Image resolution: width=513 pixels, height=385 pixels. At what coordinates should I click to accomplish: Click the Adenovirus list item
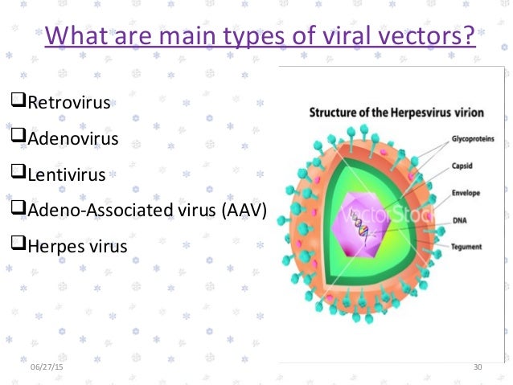click(x=72, y=138)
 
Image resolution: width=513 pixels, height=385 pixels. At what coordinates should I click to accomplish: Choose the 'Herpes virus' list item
click(x=77, y=245)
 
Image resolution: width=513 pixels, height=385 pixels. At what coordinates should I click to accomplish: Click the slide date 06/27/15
click(x=45, y=367)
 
